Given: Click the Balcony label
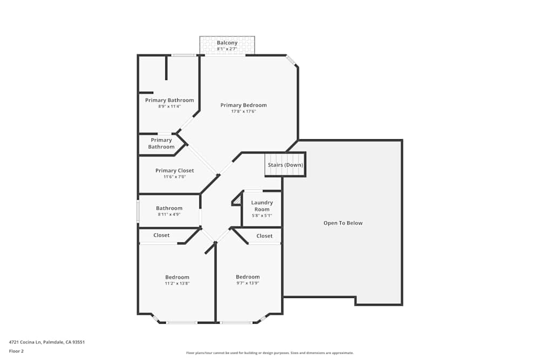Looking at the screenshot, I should tap(227, 43).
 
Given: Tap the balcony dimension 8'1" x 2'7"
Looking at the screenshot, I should tap(227, 49).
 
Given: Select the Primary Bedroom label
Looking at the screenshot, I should tap(244, 105).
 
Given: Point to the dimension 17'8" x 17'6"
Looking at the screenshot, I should tap(244, 112).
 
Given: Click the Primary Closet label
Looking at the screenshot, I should tap(174, 171).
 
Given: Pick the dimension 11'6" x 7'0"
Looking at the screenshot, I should tap(174, 177).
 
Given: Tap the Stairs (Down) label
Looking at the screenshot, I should tap(285, 165).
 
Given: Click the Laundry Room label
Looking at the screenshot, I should tap(262, 206).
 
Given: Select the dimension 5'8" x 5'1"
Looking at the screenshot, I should tap(262, 215).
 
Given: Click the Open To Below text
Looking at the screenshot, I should tap(343, 223).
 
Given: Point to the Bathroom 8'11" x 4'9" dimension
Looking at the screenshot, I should tap(169, 214).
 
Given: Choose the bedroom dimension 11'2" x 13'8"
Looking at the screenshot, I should tap(177, 283).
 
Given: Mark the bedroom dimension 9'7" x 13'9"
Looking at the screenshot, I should tap(248, 283).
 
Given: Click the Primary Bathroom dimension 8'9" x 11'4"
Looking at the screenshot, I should tap(169, 106).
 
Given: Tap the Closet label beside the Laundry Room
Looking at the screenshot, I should tap(265, 236).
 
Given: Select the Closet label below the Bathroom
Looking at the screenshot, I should tap(161, 235).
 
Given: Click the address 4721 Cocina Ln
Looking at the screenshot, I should tap(47, 342).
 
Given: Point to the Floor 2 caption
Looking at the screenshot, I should tap(16, 351).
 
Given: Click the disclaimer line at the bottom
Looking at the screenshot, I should tap(270, 353).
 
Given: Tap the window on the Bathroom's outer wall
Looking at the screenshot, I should tap(138, 211).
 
